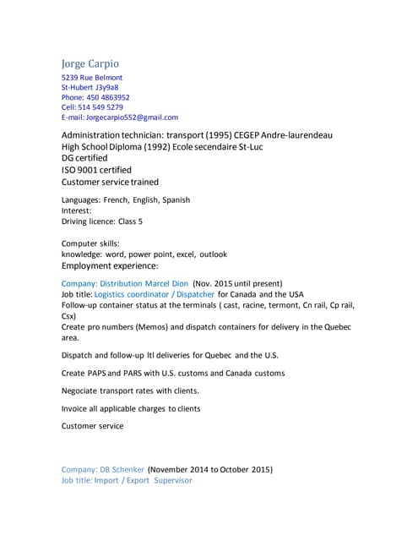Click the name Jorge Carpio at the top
[90, 63]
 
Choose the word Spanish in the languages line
[174, 199]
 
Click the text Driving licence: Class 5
[102, 221]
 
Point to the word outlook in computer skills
[212, 254]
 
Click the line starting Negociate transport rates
[131, 391]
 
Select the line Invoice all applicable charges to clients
[131, 408]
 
